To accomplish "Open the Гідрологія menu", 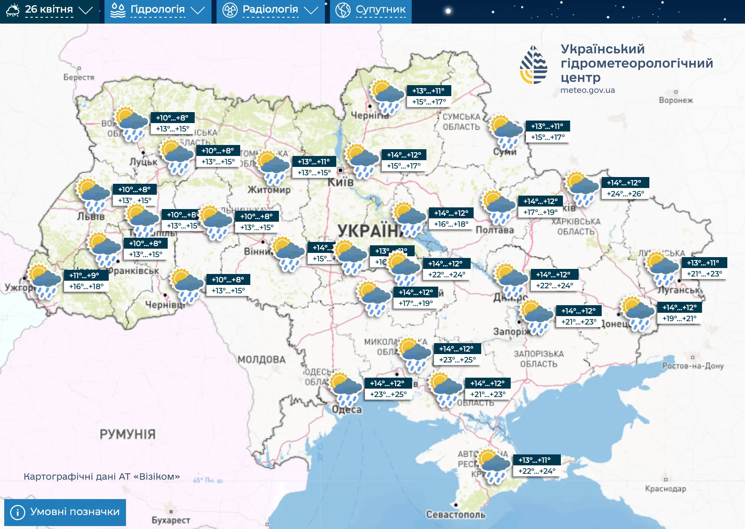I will (158, 10).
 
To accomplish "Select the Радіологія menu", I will (270, 10).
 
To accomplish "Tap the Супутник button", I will (371, 10).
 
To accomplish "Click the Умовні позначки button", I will (65, 512).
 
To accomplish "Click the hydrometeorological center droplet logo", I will (533, 65).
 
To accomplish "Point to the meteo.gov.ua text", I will (587, 90).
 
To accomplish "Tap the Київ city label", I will (340, 183).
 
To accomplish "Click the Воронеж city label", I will (676, 100).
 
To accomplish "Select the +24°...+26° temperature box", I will (625, 194).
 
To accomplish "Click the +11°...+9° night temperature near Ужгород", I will (84, 275).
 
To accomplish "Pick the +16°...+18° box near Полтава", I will (451, 224).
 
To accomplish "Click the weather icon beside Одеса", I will (346, 388).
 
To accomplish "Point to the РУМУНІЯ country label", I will (128, 434).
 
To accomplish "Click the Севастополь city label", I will (456, 515).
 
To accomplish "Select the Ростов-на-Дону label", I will (693, 366).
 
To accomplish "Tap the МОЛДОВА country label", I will (262, 360).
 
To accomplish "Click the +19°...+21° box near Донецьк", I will (679, 319).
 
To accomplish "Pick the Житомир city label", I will (269, 190).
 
